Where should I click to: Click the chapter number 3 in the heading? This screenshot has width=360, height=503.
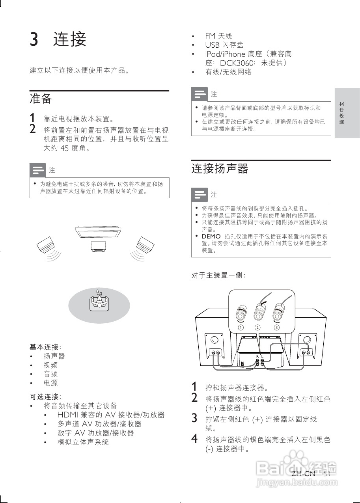point(34,39)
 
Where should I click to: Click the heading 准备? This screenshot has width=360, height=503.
point(41,99)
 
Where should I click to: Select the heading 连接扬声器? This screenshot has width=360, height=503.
point(220,169)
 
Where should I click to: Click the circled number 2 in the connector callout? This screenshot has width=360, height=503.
point(257,328)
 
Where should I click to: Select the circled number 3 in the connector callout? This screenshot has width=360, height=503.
point(277,328)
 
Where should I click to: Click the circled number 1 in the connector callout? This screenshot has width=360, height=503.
point(240,328)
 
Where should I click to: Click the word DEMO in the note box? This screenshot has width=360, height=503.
point(211,237)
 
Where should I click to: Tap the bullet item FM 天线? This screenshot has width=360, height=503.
point(218,36)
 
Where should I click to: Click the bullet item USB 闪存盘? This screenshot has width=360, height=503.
point(224,45)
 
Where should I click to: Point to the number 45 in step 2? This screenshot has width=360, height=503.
point(65,149)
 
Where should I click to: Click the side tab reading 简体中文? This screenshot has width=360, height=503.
point(347,113)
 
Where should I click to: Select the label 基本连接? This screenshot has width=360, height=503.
point(45,347)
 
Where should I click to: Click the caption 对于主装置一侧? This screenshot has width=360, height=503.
point(218,275)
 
